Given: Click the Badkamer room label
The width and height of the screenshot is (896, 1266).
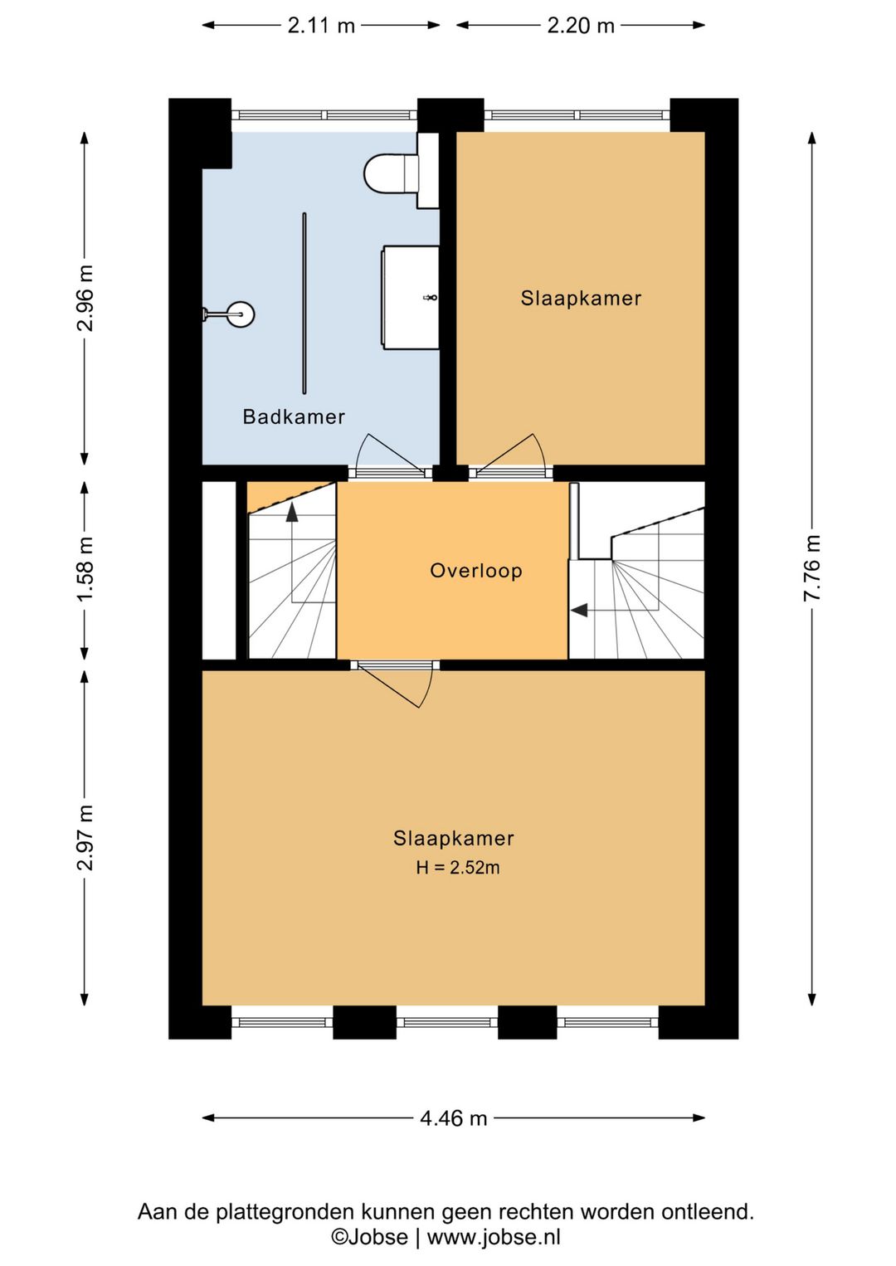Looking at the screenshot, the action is (x=294, y=417).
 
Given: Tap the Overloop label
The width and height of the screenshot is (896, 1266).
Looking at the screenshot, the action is (x=476, y=570).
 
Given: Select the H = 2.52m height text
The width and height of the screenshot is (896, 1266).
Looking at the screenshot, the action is (x=457, y=868).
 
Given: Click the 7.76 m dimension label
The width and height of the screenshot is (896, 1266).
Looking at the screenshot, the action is (x=811, y=567).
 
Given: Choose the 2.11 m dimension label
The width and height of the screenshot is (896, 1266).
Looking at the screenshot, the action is (x=321, y=26).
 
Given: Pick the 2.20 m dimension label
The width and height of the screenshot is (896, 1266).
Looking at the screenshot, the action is (x=581, y=26).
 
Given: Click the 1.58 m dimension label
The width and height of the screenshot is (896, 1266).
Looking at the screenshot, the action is (x=85, y=569).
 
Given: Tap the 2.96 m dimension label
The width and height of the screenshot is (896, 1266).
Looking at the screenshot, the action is (x=85, y=298).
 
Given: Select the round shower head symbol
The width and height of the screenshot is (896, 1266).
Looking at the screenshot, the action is (x=241, y=314).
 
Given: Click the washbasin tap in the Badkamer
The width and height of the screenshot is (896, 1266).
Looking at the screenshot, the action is (x=431, y=297).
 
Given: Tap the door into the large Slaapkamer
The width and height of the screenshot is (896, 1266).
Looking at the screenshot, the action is (x=396, y=685).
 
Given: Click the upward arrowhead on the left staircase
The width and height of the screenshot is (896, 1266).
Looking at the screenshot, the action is (x=292, y=512).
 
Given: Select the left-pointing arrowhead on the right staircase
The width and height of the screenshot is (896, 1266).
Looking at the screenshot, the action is (x=579, y=611).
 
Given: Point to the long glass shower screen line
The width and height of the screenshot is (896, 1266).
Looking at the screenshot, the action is (x=304, y=303).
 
